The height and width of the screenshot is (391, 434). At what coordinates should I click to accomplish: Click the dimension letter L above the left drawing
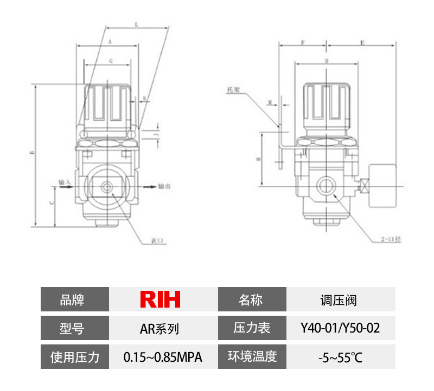[136, 24]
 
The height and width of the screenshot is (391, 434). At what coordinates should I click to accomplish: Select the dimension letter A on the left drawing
[110, 42]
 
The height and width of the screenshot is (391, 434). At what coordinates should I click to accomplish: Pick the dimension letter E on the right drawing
[362, 42]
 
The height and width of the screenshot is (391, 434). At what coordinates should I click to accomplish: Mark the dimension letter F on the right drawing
[302, 42]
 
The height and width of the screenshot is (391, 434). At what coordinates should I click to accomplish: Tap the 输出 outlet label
[164, 186]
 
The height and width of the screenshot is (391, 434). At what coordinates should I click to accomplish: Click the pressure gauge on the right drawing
[383, 184]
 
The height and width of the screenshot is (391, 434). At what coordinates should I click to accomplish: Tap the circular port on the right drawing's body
[325, 185]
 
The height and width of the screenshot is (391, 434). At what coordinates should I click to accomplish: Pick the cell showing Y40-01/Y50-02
[340, 328]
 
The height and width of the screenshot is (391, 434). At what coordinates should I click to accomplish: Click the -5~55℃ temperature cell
[340, 357]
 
